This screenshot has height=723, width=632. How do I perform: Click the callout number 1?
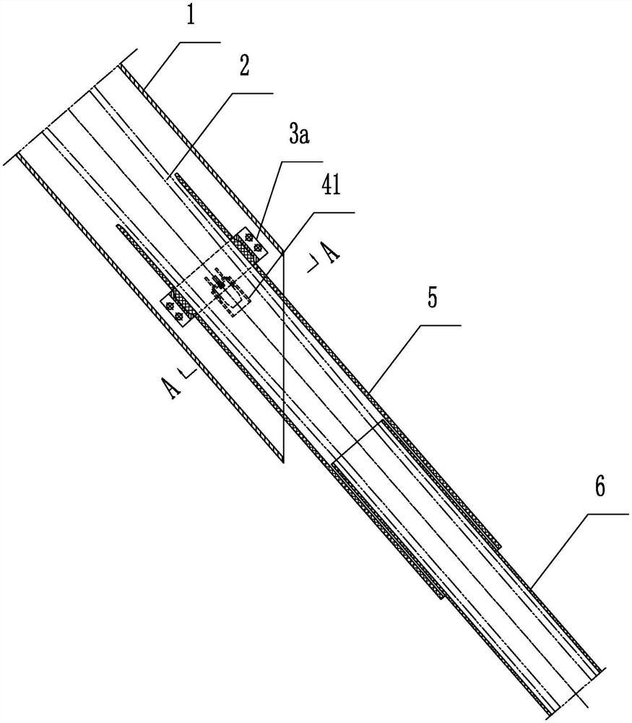tap(191, 15)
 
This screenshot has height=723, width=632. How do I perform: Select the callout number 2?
tap(244, 67)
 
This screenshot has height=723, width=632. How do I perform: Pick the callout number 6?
tap(599, 487)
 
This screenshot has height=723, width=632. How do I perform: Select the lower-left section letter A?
tap(172, 388)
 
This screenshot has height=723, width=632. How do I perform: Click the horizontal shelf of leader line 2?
tap(252, 93)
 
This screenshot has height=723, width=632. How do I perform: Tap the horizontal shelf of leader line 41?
tap(334, 213)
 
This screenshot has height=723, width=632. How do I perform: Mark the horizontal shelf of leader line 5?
tap(440, 325)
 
